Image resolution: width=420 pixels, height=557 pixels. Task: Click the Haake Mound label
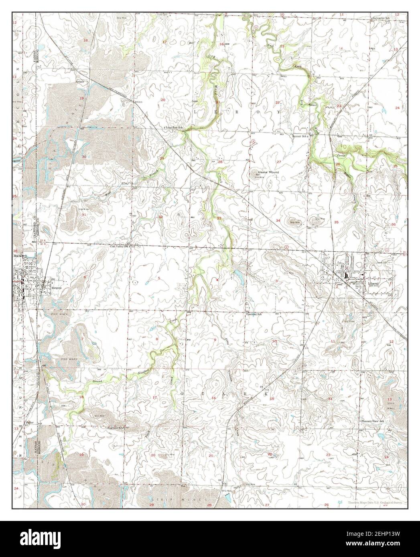pos(268,172)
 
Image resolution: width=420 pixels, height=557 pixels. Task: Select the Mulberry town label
pos(20,255)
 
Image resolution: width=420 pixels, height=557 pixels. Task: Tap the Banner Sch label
pos(299,136)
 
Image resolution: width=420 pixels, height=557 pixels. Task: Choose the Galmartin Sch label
pos(384,7)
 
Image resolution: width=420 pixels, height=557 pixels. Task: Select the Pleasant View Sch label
pos(373,421)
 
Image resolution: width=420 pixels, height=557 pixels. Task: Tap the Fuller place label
pos(30,422)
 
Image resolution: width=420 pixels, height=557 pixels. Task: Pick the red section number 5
pos(159,278)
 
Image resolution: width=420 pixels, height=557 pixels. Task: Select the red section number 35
pos(336,222)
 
